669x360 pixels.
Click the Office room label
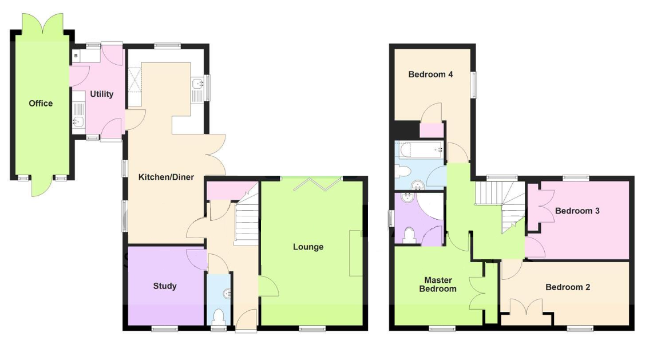pos(41,103)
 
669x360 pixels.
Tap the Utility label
pos(101,94)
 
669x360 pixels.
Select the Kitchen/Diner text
pos(166,177)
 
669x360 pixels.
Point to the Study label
pos(165,286)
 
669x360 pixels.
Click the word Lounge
pos(308,247)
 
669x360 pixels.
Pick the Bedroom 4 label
pos(430,74)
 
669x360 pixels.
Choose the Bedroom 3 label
pos(577,211)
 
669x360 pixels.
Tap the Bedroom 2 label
pos(568,287)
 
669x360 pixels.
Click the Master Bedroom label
pos(438,284)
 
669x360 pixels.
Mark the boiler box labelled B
pos(76,56)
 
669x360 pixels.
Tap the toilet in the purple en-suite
pos(410,235)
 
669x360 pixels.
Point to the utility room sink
pos(78,121)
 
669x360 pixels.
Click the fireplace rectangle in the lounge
pos(356,253)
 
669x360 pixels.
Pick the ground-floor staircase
pos(247,219)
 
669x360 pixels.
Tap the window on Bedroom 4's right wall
pos(474,85)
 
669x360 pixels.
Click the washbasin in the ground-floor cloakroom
pos(227,294)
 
